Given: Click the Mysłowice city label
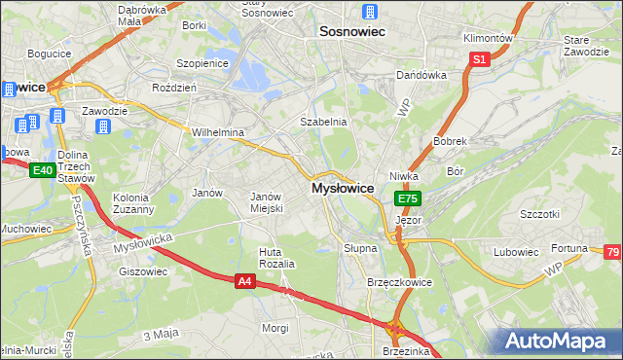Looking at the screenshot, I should (343, 188).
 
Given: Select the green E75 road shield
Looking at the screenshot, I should (408, 198).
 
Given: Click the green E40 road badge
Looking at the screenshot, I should (41, 170).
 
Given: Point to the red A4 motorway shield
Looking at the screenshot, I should (247, 281).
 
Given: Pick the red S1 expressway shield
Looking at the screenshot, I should (479, 59).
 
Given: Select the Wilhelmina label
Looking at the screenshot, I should (217, 131).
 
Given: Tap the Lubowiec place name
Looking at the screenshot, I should (516, 252).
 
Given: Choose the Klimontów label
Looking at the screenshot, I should (488, 37).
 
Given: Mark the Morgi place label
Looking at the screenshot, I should (275, 328).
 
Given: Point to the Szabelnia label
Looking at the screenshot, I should (323, 122).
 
